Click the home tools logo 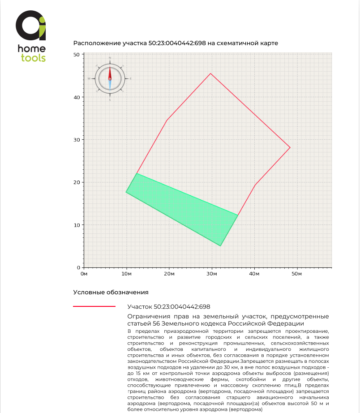tap(31, 37)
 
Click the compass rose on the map tap(110, 79)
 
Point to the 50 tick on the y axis tap(76, 55)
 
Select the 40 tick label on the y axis tap(76, 97)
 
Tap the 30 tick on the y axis tap(76, 140)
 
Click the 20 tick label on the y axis tap(76, 182)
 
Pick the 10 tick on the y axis tap(76, 225)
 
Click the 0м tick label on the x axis tap(84, 273)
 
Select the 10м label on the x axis tap(126, 273)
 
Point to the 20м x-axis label tap(169, 273)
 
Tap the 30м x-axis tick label tap(211, 273)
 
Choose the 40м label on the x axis tap(254, 273)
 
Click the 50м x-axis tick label tap(296, 273)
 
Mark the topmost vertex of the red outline tap(210, 73)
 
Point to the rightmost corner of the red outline tap(290, 147)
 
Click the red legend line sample tap(94, 307)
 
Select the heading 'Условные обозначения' tap(111, 293)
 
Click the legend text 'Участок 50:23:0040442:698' tap(169, 307)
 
